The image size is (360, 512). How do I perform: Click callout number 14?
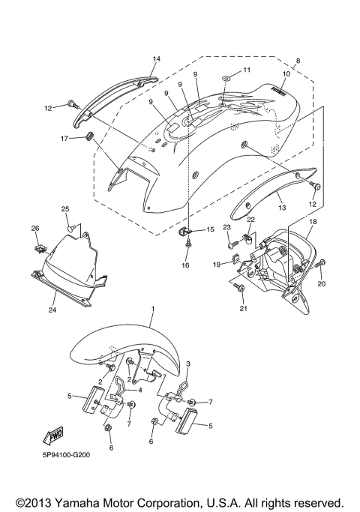pyautogui.click(x=157, y=58)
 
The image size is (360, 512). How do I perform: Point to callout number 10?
pyautogui.click(x=285, y=74)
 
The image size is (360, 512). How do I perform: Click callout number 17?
pyautogui.click(x=65, y=138)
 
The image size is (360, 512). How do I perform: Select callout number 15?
pyautogui.click(x=210, y=229)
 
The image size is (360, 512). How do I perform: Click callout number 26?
pyautogui.click(x=34, y=228)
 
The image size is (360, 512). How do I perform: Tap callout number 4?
pyautogui.click(x=139, y=391)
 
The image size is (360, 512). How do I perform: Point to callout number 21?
pyautogui.click(x=243, y=308)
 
